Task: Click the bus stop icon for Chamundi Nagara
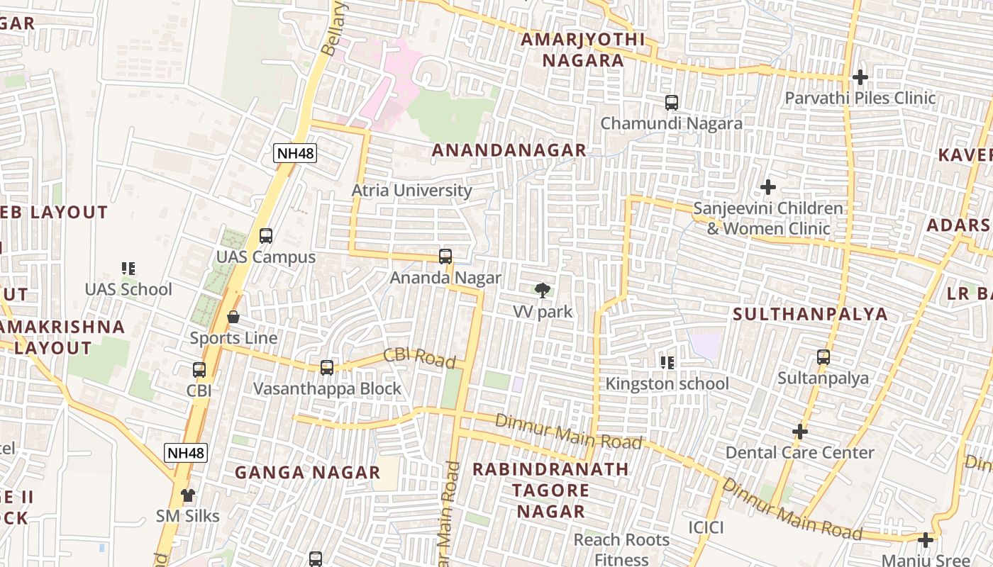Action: (671, 103)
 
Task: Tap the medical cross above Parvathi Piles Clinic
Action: (860, 77)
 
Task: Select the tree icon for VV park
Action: (543, 290)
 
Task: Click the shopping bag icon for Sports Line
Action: (233, 317)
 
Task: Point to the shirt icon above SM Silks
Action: (188, 495)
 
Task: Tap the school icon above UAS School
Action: (128, 268)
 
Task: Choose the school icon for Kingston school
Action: (667, 363)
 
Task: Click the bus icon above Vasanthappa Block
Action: (326, 368)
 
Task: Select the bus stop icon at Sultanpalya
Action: (823, 357)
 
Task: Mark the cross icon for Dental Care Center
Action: (800, 431)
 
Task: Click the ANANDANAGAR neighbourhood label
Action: (509, 150)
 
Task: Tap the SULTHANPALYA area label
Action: (810, 314)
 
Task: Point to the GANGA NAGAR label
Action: (307, 473)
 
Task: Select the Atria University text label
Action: (411, 191)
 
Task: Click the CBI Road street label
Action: (419, 358)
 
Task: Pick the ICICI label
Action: (706, 527)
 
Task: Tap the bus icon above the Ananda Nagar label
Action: (445, 257)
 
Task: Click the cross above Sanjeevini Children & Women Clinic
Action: (767, 187)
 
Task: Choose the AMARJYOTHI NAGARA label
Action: (583, 50)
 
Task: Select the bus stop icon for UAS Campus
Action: (266, 235)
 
